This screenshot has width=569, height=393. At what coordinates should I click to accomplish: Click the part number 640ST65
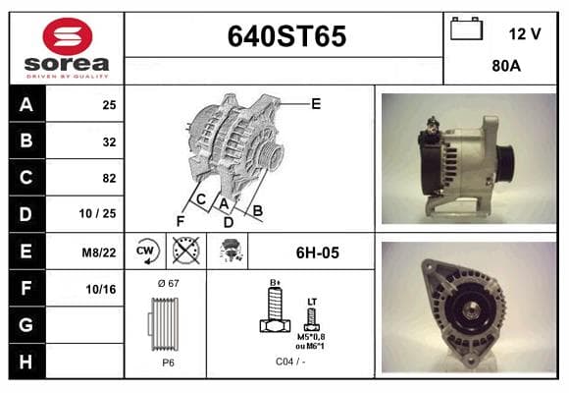tap(286, 36)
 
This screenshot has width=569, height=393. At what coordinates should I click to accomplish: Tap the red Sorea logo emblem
tap(68, 36)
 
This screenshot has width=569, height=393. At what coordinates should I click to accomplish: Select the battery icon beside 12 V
tap(466, 28)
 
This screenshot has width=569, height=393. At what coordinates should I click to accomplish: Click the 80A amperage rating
tap(506, 66)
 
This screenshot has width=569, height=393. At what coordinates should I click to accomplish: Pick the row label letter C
tap(26, 178)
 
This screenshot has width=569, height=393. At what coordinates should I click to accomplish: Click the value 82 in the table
tap(109, 178)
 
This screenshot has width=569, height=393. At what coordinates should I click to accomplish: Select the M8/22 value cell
tap(99, 252)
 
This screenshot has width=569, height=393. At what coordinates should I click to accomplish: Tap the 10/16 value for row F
tap(101, 289)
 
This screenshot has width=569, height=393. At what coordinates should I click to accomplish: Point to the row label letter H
tap(26, 362)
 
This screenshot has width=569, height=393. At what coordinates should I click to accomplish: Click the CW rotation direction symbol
tap(146, 252)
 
